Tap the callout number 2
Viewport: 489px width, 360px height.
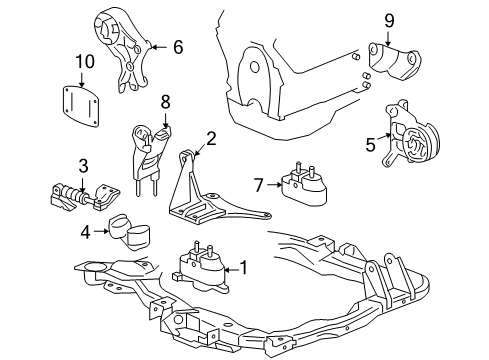pyautogui.click(x=211, y=138)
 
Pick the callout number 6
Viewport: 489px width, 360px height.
pyautogui.click(x=178, y=46)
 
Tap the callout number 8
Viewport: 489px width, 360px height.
pyautogui.click(x=166, y=100)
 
